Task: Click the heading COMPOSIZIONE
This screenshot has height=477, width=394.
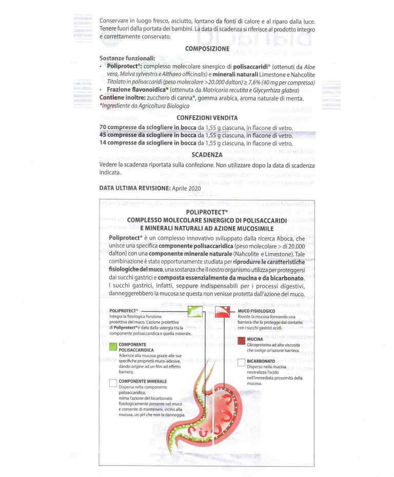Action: [207, 49]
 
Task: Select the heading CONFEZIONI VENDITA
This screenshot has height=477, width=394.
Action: [207, 118]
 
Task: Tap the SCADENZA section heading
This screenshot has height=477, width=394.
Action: [207, 154]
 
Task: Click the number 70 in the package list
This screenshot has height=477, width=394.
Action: [103, 127]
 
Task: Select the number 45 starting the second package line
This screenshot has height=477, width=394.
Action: [103, 135]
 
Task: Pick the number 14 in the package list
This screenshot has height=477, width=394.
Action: [103, 143]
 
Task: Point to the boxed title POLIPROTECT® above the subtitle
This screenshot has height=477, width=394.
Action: [207, 212]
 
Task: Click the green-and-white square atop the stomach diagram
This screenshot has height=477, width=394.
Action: [195, 312]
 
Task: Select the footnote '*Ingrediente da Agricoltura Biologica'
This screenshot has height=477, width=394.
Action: [145, 106]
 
